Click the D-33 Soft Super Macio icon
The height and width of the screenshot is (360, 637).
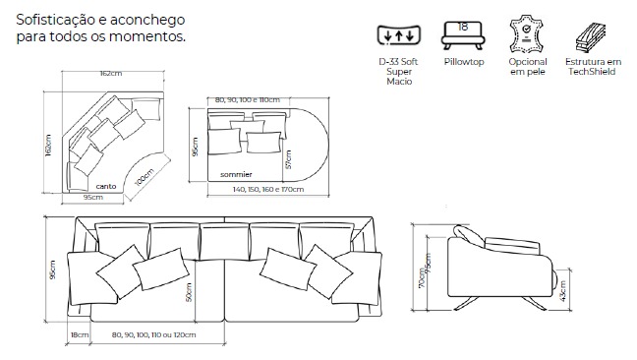point(398,35)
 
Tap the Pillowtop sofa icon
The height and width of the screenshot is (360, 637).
point(463,35)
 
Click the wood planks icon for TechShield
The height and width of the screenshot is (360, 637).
point(591,37)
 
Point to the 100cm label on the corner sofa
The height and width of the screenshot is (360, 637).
point(145,177)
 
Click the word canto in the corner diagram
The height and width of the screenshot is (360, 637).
point(106,186)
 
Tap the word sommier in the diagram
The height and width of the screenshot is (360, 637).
point(236,174)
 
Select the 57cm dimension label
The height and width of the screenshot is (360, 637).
point(288,159)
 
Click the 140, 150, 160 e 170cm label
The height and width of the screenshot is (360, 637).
point(268,190)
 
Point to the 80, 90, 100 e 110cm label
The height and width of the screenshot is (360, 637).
point(248,100)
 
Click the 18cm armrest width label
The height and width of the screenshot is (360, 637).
point(80,334)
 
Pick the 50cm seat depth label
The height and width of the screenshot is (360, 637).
point(189,292)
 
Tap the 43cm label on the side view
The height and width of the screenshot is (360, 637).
point(562,291)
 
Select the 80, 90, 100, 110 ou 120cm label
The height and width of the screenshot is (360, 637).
point(154,334)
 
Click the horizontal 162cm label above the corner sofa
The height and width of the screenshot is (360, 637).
point(111,74)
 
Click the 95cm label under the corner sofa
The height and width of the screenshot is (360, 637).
point(93,197)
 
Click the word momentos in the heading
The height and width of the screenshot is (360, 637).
point(147,36)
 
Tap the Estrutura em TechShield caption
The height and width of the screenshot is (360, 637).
point(593,67)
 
